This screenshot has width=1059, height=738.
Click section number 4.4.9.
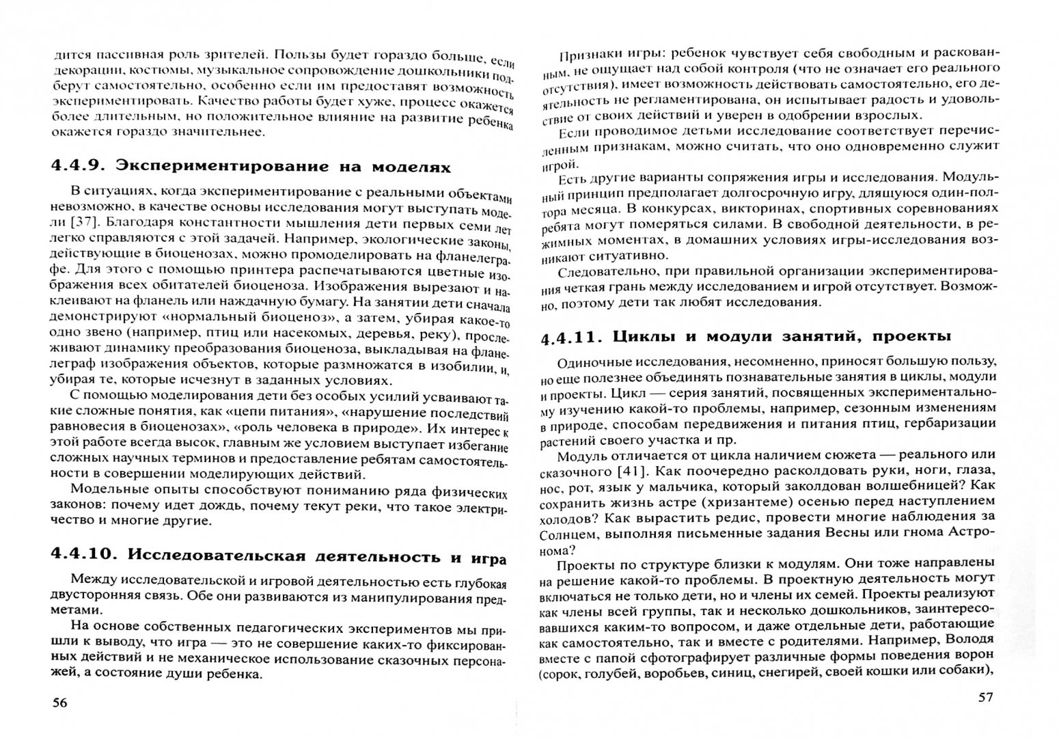(77, 167)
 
